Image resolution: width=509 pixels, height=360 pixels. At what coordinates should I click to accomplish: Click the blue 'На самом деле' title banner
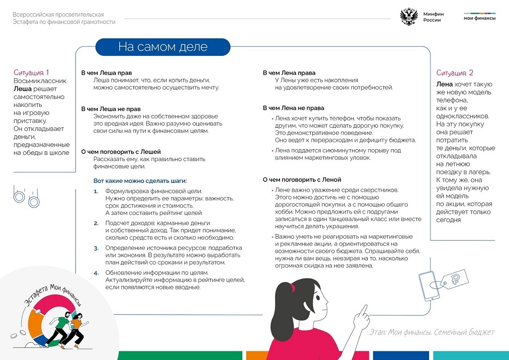(163, 47)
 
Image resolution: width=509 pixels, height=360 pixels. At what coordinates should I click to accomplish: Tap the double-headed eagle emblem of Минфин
(409, 17)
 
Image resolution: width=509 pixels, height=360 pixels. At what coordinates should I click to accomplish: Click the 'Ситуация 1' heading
(31, 73)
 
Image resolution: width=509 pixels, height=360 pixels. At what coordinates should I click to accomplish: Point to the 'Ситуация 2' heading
(455, 73)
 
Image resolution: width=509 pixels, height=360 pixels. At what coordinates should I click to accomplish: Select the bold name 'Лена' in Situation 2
(444, 84)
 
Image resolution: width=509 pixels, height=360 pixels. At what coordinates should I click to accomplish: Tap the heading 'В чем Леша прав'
(106, 73)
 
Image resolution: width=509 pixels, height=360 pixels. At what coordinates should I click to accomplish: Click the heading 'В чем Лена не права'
(293, 108)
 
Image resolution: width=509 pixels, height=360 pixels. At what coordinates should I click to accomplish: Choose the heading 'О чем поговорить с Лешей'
(121, 152)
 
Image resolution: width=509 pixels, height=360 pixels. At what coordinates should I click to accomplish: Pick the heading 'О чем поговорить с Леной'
(302, 180)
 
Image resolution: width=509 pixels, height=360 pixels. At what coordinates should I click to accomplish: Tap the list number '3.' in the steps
(96, 248)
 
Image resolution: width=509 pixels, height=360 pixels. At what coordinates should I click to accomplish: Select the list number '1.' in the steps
(96, 191)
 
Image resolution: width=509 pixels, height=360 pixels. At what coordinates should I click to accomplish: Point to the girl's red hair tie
(293, 287)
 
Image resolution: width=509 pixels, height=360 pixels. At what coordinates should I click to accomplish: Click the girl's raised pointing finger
(364, 309)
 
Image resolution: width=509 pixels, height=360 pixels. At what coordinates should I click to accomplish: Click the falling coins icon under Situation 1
(26, 196)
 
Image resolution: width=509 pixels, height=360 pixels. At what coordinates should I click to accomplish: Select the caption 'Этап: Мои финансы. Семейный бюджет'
(432, 332)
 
